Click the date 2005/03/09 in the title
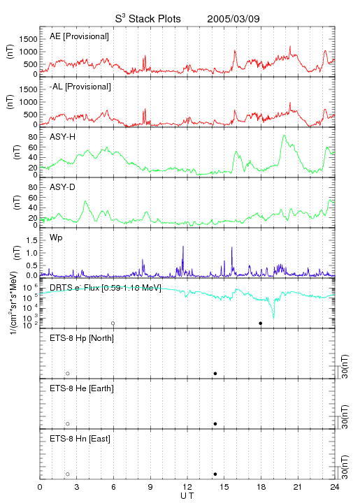click(233, 19)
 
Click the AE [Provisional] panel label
click(79, 36)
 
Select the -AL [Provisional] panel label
click(80, 87)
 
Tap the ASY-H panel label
click(63, 137)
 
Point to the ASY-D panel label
click(63, 187)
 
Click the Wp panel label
click(56, 238)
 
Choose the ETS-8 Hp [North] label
click(82, 338)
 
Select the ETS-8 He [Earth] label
click(82, 388)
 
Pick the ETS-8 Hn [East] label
click(80, 439)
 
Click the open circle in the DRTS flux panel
click(113, 323)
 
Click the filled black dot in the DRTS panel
click(261, 323)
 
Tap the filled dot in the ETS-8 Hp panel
click(215, 373)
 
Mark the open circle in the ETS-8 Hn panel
click(68, 474)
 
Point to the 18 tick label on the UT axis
click(261, 487)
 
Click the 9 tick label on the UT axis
click(150, 487)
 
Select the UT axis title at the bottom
click(187, 496)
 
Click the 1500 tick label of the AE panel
click(29, 39)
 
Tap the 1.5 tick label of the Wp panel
click(31, 240)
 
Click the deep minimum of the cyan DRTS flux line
click(274, 318)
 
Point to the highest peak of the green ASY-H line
click(284, 136)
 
